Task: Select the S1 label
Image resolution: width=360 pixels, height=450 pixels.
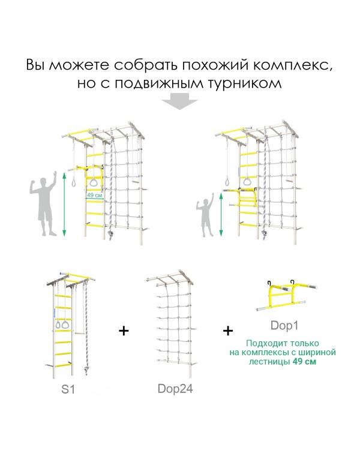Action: pos(68,389)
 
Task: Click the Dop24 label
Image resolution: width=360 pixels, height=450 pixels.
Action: pos(175,388)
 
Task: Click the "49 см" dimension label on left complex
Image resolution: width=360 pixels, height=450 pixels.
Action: pos(94,195)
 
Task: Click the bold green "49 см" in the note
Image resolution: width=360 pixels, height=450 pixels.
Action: pos(303,362)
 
